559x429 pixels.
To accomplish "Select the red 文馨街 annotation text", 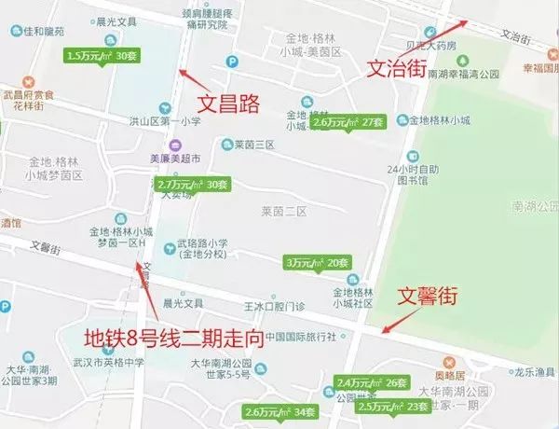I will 428,298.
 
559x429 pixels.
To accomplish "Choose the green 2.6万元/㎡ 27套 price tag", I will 348,122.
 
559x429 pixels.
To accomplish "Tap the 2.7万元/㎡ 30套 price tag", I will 193,185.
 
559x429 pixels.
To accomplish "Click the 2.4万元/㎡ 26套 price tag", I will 372,382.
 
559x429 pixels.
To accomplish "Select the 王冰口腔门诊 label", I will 274,306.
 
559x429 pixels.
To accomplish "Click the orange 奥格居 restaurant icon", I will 448,360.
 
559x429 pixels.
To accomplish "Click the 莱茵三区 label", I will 253,145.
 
